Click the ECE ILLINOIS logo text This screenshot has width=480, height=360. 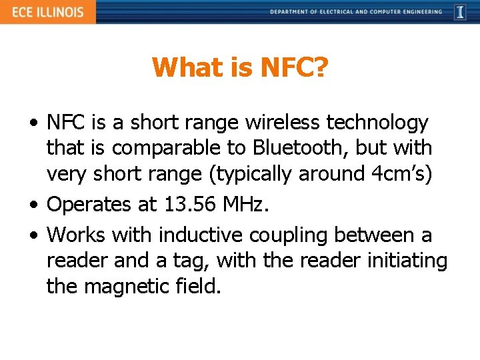[x=47, y=12]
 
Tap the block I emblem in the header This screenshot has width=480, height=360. [x=460, y=12]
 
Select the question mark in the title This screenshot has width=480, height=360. [x=319, y=67]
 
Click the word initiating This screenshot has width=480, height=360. [x=407, y=261]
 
